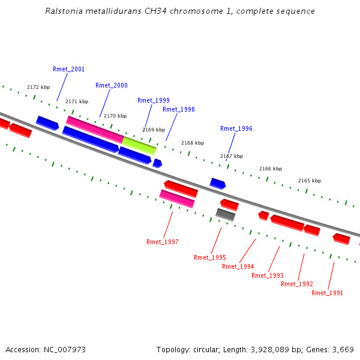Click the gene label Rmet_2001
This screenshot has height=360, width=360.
pos(68,70)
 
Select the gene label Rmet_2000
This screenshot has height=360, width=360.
pos(112,86)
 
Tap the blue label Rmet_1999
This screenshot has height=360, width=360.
pos(154,101)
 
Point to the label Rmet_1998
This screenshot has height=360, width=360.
pos(179,110)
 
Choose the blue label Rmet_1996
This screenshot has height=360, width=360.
pos(236,129)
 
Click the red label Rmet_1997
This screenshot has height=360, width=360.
pos(163,242)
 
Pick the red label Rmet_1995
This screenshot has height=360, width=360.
pos(210,258)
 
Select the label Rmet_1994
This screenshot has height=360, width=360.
pos(238,267)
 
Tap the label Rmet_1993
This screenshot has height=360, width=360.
pos(268,276)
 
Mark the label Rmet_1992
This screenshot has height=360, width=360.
pos(297,284)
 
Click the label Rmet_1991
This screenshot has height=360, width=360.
pos(328,293)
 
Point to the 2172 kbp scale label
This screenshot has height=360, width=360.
pos(38,88)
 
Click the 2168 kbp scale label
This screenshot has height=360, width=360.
pos(193,143)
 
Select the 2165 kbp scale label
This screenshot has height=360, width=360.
pos(310,181)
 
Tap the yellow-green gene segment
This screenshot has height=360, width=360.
pos(139,145)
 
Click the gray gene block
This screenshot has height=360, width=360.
pos(226,214)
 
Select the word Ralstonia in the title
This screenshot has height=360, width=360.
pos(64,11)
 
